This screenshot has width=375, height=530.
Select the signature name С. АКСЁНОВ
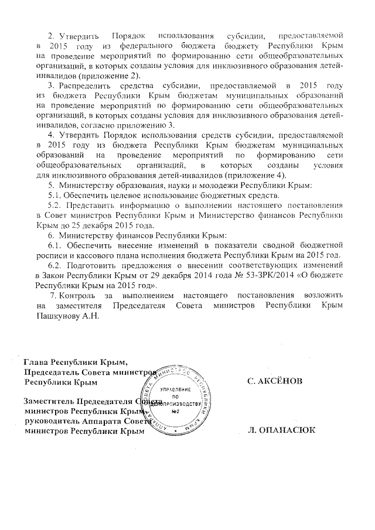pos(275,381)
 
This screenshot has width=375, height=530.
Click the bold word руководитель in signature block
pos(49,422)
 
